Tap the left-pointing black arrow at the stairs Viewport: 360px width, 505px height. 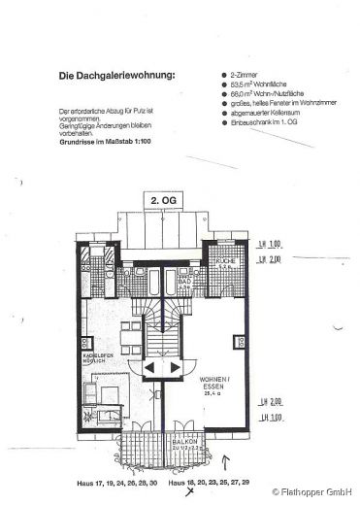pyautogui.click(x=150, y=369)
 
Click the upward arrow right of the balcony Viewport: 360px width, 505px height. pyautogui.click(x=228, y=463)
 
